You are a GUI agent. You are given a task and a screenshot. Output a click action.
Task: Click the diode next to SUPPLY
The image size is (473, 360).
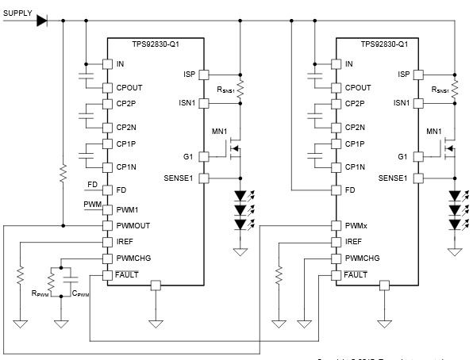[x=41, y=20]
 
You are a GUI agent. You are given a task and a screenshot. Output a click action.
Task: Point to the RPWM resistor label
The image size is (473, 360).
[x=40, y=293]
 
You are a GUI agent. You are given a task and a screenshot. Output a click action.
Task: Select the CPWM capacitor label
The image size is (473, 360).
[x=80, y=293]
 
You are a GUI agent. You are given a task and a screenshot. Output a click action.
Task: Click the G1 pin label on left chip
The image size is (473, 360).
[x=190, y=156]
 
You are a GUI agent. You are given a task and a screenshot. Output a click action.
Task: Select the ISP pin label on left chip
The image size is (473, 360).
[x=188, y=75]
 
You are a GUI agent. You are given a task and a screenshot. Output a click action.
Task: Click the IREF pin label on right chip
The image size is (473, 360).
[x=352, y=242]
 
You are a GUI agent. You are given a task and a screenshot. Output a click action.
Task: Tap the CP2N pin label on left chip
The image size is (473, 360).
[x=128, y=127]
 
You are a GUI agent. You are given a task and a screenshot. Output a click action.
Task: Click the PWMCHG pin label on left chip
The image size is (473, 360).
[x=133, y=258]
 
